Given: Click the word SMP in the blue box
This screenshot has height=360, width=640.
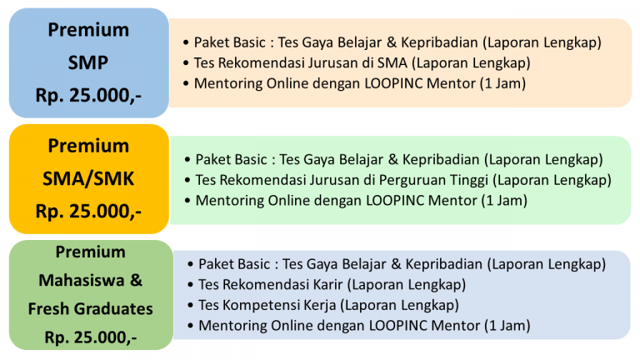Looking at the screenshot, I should [x=88, y=62].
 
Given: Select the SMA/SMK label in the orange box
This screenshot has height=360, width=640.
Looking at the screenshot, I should [x=88, y=178].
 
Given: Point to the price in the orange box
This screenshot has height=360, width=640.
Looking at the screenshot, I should [x=88, y=211].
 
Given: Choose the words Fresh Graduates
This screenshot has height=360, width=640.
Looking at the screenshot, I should [x=90, y=309].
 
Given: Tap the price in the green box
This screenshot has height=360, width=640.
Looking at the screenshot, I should [x=90, y=337].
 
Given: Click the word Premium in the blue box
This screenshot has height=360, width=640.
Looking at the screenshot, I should [x=88, y=31].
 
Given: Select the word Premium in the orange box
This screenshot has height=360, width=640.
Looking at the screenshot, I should [x=88, y=147].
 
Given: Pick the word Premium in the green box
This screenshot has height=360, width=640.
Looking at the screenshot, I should [x=90, y=252].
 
